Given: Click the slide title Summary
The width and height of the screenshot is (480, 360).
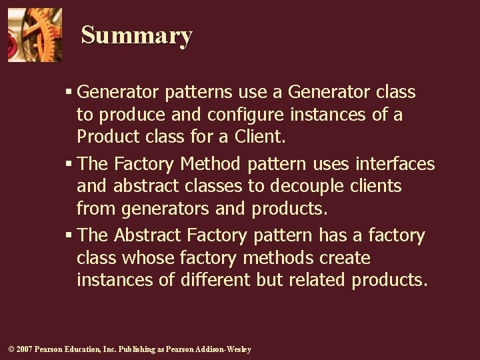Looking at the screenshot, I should [x=137, y=35].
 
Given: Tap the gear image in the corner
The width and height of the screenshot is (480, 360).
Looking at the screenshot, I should [x=35, y=35].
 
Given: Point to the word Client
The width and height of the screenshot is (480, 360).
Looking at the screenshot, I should [x=259, y=137].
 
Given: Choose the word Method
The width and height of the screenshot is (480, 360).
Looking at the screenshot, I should [x=211, y=164].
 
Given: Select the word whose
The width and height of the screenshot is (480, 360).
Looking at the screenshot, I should [x=141, y=258].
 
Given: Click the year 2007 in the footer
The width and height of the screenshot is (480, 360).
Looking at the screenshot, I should [x=24, y=350].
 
